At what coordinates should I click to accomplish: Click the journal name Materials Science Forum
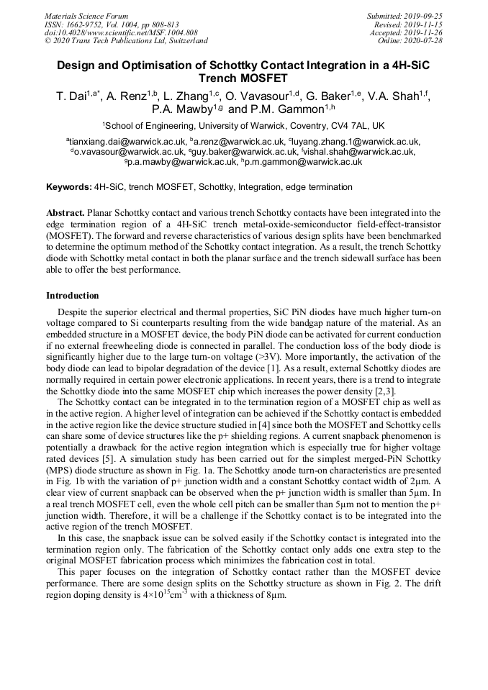pyautogui.click(x=86, y=16)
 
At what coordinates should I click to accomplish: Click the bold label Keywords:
pyautogui.click(x=68, y=187)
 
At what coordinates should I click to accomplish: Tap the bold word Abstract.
pyautogui.click(x=65, y=213)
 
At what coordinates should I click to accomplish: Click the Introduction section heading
pyautogui.click(x=73, y=295)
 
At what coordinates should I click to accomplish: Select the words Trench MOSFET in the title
pyautogui.click(x=243, y=78)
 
